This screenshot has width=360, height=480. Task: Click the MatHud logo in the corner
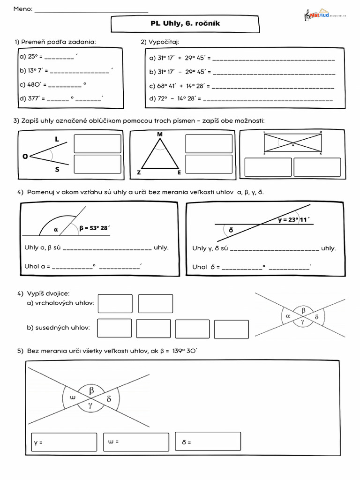point(325,15)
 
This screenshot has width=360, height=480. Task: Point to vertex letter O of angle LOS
point(25,157)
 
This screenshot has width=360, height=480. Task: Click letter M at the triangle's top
point(160,135)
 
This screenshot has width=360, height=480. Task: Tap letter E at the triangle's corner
point(179,172)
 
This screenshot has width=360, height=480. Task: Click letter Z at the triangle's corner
point(139,172)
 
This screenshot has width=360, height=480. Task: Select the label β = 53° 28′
point(95,228)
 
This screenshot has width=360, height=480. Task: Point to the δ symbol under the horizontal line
point(231,230)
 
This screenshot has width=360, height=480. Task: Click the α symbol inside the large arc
point(55,229)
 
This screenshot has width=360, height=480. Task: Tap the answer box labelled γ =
point(63,442)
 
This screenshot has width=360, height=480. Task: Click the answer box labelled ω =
point(136,442)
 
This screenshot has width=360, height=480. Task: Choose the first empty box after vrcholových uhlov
point(115,304)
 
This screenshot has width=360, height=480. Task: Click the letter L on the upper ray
point(57,139)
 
